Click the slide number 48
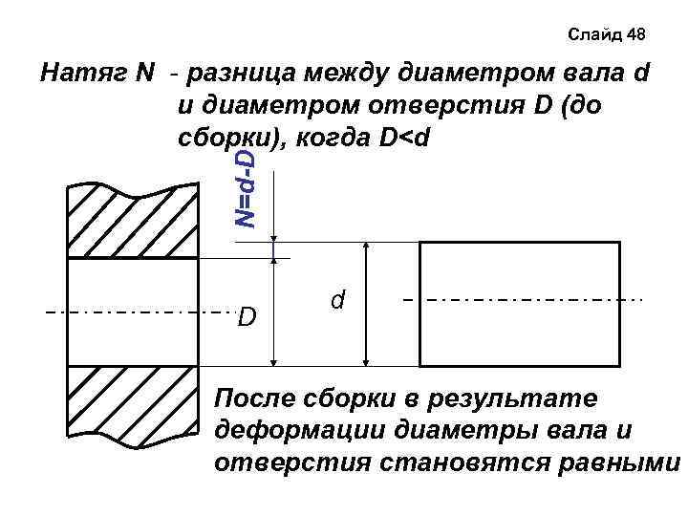point(636,35)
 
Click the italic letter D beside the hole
point(247,314)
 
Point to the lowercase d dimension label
point(337,300)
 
